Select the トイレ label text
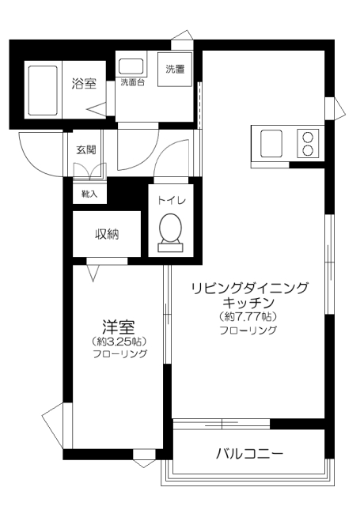pos(170,200)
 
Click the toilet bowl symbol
pos(170,230)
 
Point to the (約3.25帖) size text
pos(119,342)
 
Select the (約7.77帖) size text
pos(248,316)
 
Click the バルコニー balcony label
pos(249,454)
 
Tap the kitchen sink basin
pos(269,142)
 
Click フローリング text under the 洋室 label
pos(119,355)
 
